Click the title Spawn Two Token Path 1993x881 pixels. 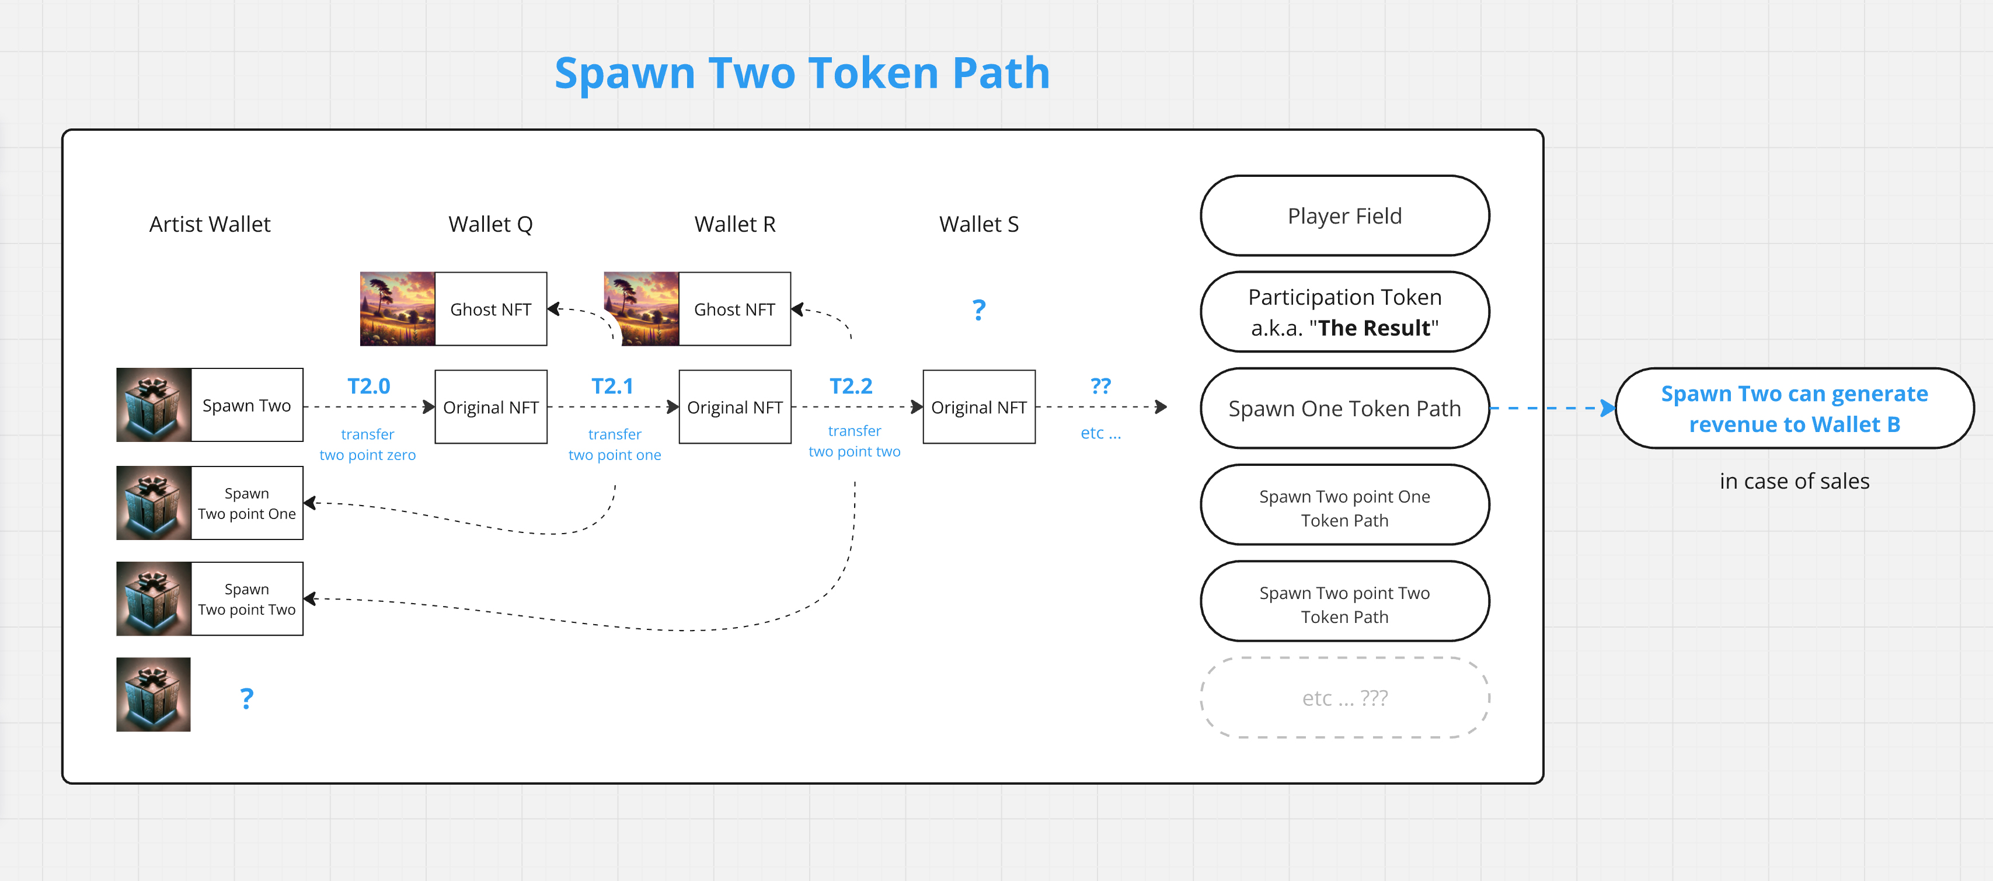click(802, 74)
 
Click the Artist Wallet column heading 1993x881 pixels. click(210, 224)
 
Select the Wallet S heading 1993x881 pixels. click(979, 224)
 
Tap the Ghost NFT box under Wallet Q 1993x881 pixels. click(490, 309)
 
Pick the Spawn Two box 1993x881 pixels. click(247, 405)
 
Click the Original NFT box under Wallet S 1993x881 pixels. click(979, 407)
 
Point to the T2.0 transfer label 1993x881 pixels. click(368, 386)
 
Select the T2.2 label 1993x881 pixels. click(851, 386)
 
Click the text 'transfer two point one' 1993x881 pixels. click(615, 445)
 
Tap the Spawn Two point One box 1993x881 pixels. click(247, 503)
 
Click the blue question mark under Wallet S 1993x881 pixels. click(979, 310)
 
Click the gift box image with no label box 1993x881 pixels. click(153, 695)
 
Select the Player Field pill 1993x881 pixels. click(1344, 216)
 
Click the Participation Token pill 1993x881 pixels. click(1344, 312)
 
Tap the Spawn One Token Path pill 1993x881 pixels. click(1344, 409)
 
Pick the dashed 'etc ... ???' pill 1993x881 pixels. click(1344, 698)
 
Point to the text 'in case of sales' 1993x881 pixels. click(1794, 481)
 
